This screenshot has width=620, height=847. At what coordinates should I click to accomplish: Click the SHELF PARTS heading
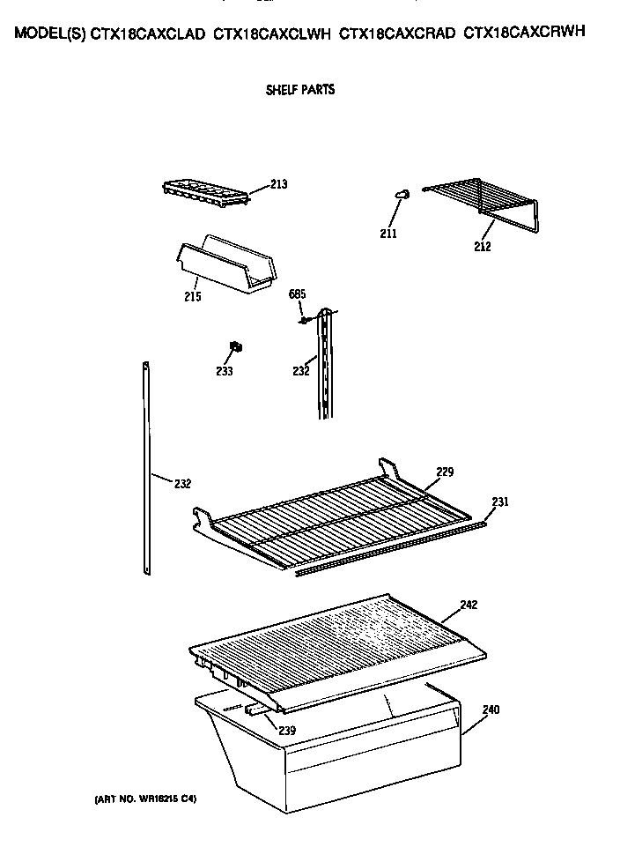click(x=300, y=90)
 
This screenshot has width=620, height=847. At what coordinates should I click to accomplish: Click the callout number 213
click(x=279, y=184)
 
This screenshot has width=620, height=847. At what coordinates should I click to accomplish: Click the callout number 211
click(x=388, y=234)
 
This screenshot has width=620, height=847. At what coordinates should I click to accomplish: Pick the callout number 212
click(x=482, y=247)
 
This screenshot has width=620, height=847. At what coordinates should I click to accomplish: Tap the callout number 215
click(x=193, y=296)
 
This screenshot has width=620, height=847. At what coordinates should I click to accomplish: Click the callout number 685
click(x=297, y=293)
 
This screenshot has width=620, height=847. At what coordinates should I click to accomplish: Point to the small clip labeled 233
click(x=235, y=345)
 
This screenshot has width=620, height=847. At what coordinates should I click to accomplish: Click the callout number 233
click(x=225, y=372)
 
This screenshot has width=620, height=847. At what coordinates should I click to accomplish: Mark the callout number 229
click(x=445, y=472)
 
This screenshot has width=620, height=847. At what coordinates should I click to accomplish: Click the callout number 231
click(x=499, y=502)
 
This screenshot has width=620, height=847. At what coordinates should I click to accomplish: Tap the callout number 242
click(x=469, y=605)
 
